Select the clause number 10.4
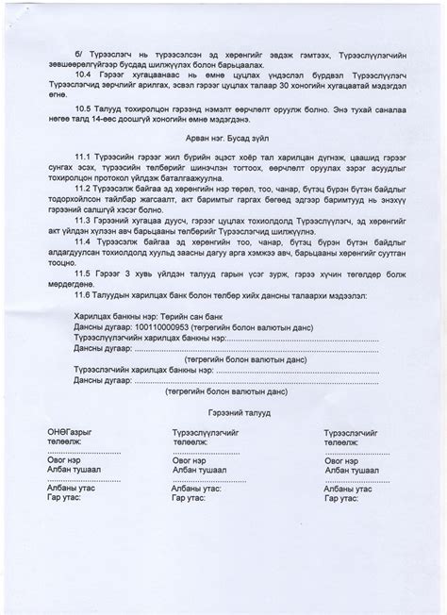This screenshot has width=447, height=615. [x=84, y=73]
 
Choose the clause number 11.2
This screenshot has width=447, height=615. [x=84, y=189]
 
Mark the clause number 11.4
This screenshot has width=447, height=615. [x=84, y=241]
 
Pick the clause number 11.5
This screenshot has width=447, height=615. [x=84, y=274]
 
